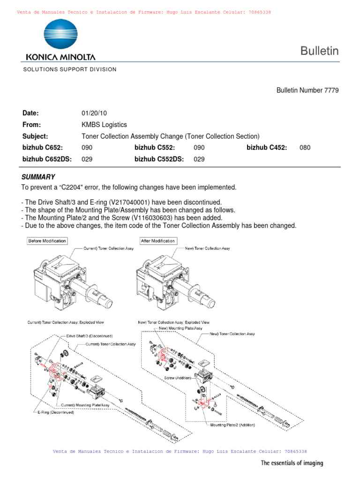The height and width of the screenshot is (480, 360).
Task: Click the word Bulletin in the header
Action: coord(319,52)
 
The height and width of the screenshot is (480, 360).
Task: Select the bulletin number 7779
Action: coord(330,90)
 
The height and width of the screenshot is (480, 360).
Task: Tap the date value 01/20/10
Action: coord(95,113)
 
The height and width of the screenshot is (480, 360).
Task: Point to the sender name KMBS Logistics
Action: coord(104,125)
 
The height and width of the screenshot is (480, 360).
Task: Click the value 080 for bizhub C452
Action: coord(305,148)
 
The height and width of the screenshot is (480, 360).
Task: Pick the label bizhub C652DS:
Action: coord(47,159)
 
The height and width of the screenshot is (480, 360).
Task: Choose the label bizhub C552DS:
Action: coord(159,159)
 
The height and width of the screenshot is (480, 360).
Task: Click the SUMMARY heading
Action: coord(38,177)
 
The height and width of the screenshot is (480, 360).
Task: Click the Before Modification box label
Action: coord(47,241)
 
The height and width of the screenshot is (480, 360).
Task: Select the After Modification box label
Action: coord(158,241)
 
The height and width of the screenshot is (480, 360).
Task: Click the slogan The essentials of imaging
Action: coord(292,463)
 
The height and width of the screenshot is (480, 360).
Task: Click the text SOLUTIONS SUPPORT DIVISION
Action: coord(69,69)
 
